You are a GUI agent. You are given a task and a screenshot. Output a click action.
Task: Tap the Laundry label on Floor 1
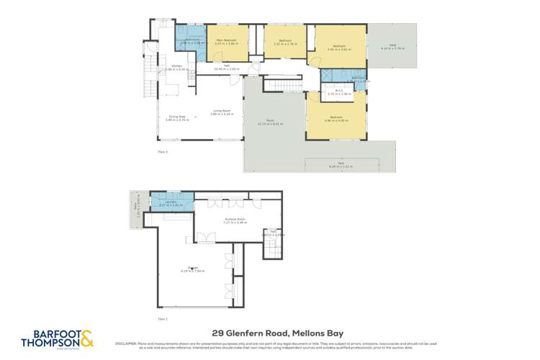171,203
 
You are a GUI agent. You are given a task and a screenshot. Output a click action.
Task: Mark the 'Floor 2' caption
163,152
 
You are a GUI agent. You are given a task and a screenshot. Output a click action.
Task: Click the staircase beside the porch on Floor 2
285,86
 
